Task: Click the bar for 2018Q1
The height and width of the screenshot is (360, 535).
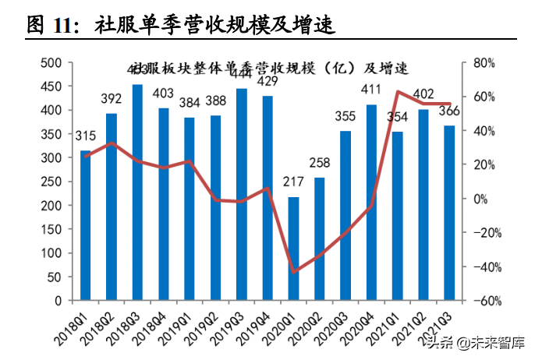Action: coord(85,226)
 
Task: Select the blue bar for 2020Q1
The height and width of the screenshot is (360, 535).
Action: coord(293,249)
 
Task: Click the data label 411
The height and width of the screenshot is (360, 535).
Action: coord(371,90)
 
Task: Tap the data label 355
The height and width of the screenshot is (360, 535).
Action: coord(345,117)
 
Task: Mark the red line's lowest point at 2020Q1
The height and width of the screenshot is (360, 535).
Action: coord(293,272)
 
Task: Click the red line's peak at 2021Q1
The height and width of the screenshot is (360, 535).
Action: coord(398,92)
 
